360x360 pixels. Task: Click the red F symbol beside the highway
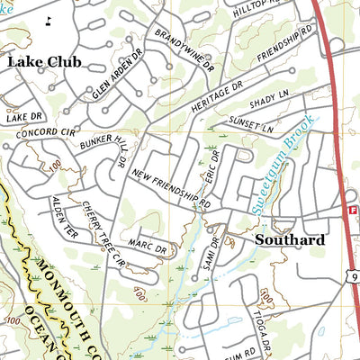pos(352,210)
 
